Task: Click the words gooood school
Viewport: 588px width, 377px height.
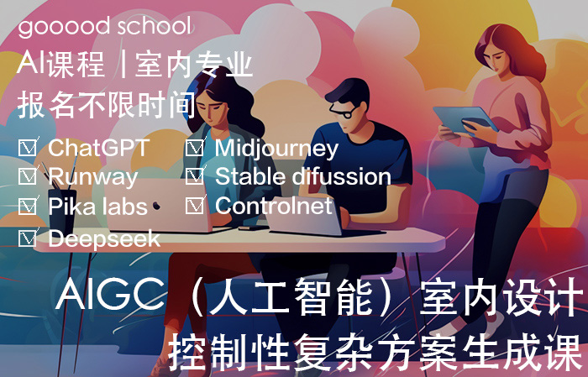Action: pyautogui.click(x=105, y=27)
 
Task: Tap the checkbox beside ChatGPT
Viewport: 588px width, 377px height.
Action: pyautogui.click(x=28, y=148)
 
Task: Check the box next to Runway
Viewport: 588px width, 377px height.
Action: pyautogui.click(x=28, y=176)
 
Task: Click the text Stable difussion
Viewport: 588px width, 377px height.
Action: pyautogui.click(x=303, y=176)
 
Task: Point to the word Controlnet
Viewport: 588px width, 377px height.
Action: pyautogui.click(x=274, y=206)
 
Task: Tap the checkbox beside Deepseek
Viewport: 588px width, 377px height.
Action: pyautogui.click(x=28, y=238)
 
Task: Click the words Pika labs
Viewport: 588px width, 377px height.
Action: pyautogui.click(x=98, y=207)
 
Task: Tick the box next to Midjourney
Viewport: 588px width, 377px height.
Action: pyautogui.click(x=195, y=148)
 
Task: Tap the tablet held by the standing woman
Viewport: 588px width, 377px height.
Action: pyautogui.click(x=465, y=120)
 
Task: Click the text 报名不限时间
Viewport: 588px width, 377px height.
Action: pyautogui.click(x=107, y=105)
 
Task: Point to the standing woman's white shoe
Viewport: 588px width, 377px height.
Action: pyautogui.click(x=487, y=325)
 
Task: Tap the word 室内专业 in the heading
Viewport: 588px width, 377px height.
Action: pyautogui.click(x=193, y=65)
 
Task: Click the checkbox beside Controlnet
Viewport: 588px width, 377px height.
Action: pyautogui.click(x=195, y=205)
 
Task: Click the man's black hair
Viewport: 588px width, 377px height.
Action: pyautogui.click(x=348, y=92)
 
